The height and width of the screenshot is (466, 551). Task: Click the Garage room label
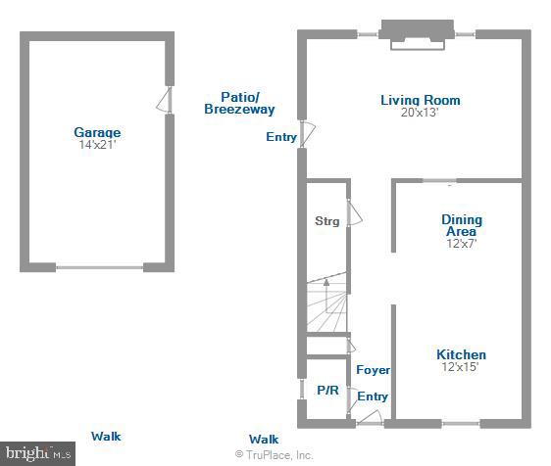[97, 132]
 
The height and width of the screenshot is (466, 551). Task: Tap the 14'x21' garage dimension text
[97, 145]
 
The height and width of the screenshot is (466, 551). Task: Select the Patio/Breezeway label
[239, 103]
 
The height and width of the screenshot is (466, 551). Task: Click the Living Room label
[420, 100]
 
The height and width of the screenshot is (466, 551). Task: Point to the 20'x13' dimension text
[420, 113]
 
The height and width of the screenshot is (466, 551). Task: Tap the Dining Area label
[461, 225]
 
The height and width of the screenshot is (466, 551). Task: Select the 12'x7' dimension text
[461, 244]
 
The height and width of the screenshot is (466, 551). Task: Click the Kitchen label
[461, 354]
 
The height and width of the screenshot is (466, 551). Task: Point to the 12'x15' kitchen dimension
[461, 367]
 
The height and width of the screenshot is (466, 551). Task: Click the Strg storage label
[326, 221]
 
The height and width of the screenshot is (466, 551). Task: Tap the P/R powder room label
[326, 390]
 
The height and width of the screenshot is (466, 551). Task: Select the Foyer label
[373, 370]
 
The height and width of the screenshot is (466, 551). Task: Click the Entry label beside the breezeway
[281, 137]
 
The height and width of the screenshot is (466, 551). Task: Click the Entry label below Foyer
[372, 396]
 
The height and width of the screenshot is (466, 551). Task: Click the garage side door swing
[168, 100]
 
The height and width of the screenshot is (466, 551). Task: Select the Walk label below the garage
[106, 437]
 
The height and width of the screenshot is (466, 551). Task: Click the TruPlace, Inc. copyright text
[274, 455]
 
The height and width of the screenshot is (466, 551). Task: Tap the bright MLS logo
[37, 453]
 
